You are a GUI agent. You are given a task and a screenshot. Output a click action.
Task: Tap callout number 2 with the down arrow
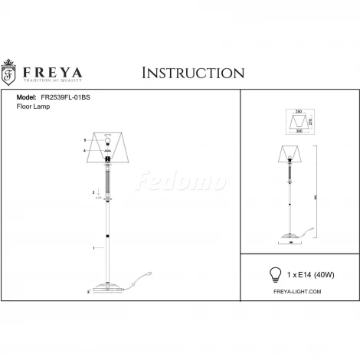click(x=93, y=191)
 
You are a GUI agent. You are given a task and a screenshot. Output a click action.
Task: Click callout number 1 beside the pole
click(x=93, y=248)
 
